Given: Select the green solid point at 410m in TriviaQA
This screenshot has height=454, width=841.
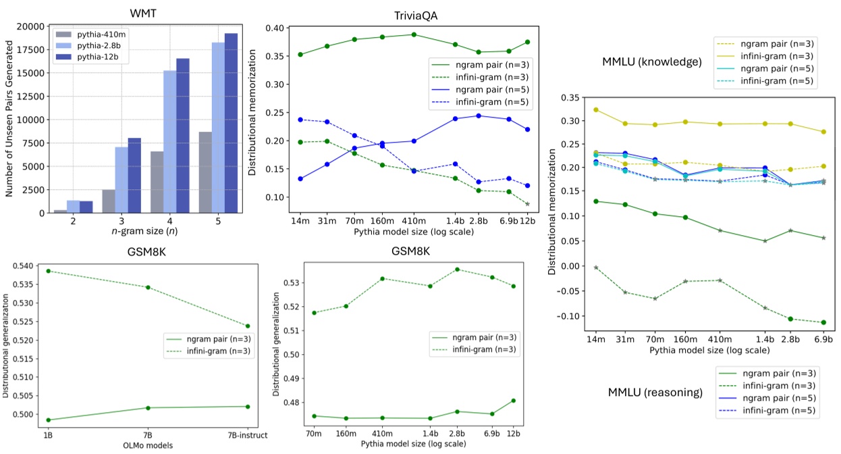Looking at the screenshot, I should (x=413, y=34).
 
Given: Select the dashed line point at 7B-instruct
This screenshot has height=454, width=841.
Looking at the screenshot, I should (x=248, y=326).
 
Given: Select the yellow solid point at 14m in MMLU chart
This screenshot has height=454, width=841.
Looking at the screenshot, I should (x=595, y=109).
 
